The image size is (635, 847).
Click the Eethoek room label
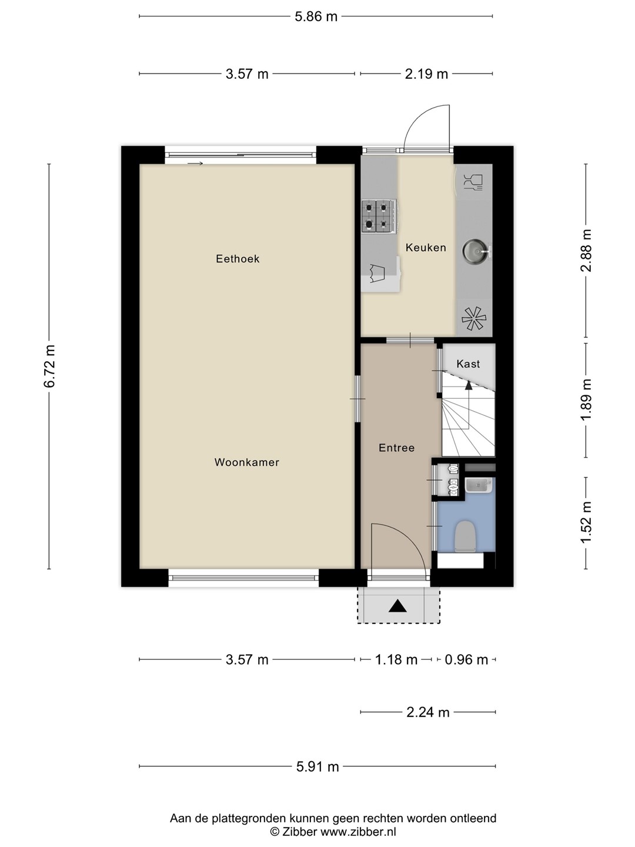pos(238,259)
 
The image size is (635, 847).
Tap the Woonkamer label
pos(247,462)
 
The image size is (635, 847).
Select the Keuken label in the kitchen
pos(426,248)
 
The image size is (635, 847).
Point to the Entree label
pos(396,448)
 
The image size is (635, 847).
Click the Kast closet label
pos(468,364)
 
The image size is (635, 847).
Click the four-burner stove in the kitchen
pos(379,216)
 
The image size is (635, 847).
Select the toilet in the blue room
pos(464,536)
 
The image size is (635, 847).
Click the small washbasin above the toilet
pos(479,485)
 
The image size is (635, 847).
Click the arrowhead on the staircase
pos(469,385)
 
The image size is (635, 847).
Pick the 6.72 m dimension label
pos(50,366)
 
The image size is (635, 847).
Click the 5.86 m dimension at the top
pos(316,16)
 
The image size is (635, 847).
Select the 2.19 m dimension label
pos(426,74)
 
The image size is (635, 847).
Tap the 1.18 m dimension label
pos(396,660)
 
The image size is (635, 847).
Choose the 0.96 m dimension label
pos(466,660)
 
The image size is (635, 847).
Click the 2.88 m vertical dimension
pos(586,251)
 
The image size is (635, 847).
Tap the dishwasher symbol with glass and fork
pos(473,181)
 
